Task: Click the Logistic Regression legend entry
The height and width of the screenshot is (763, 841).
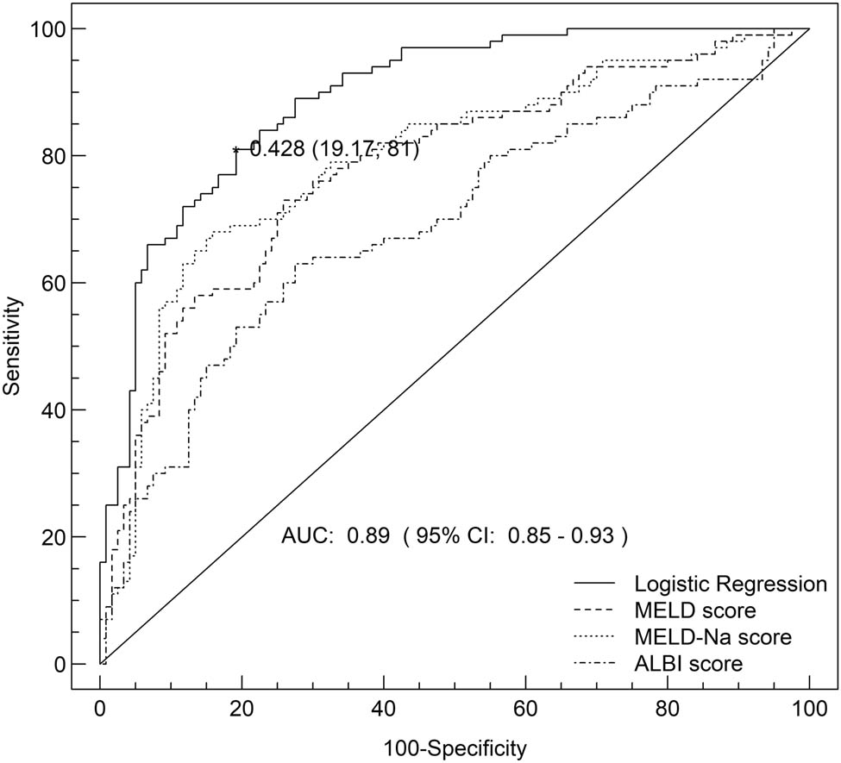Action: pos(730,584)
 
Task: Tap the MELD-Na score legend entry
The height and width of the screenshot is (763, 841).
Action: pos(712,638)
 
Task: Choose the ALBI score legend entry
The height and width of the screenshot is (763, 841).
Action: pos(687,664)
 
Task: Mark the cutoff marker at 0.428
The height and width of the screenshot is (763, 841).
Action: pos(235,149)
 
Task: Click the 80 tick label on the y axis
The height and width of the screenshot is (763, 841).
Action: pos(54,156)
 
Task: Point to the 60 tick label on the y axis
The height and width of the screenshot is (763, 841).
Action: pos(54,283)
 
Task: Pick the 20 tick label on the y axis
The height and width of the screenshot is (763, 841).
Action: pos(54,537)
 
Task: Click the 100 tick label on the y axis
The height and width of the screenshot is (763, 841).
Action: pos(49,29)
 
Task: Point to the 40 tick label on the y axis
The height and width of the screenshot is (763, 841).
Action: pos(54,410)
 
